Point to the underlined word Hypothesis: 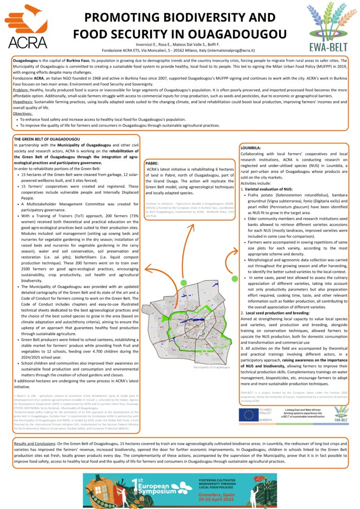pyautogui.click(x=24, y=102)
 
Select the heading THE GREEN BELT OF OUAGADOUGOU pyautogui.click(x=47, y=140)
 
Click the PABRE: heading pyautogui.click(x=153, y=162)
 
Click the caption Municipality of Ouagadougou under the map pyautogui.click(x=211, y=367)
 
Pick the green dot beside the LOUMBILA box pyautogui.click(x=234, y=279)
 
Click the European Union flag pyautogui.click(x=248, y=415)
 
